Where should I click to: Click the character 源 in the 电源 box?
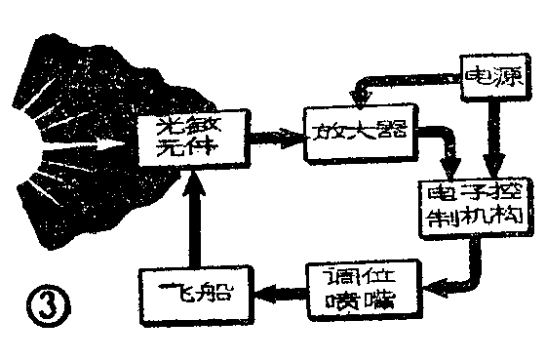click(x=510, y=77)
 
